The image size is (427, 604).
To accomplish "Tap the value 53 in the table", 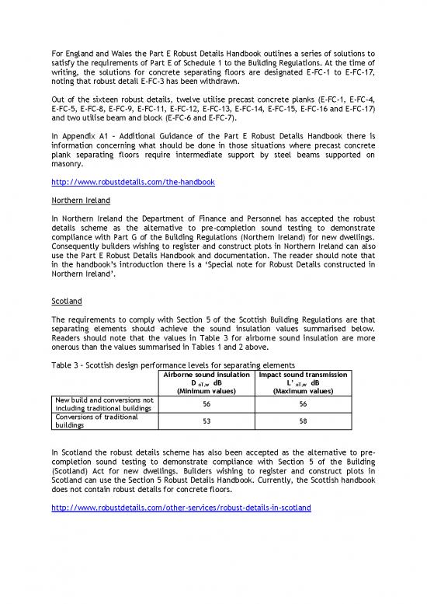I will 207,421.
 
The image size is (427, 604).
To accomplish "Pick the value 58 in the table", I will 304,421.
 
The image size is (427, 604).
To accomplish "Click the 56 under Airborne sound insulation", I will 207,404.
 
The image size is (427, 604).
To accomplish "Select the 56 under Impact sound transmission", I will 304,404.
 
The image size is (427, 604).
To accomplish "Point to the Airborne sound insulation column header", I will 207,375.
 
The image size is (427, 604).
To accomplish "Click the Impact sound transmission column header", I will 304,375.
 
